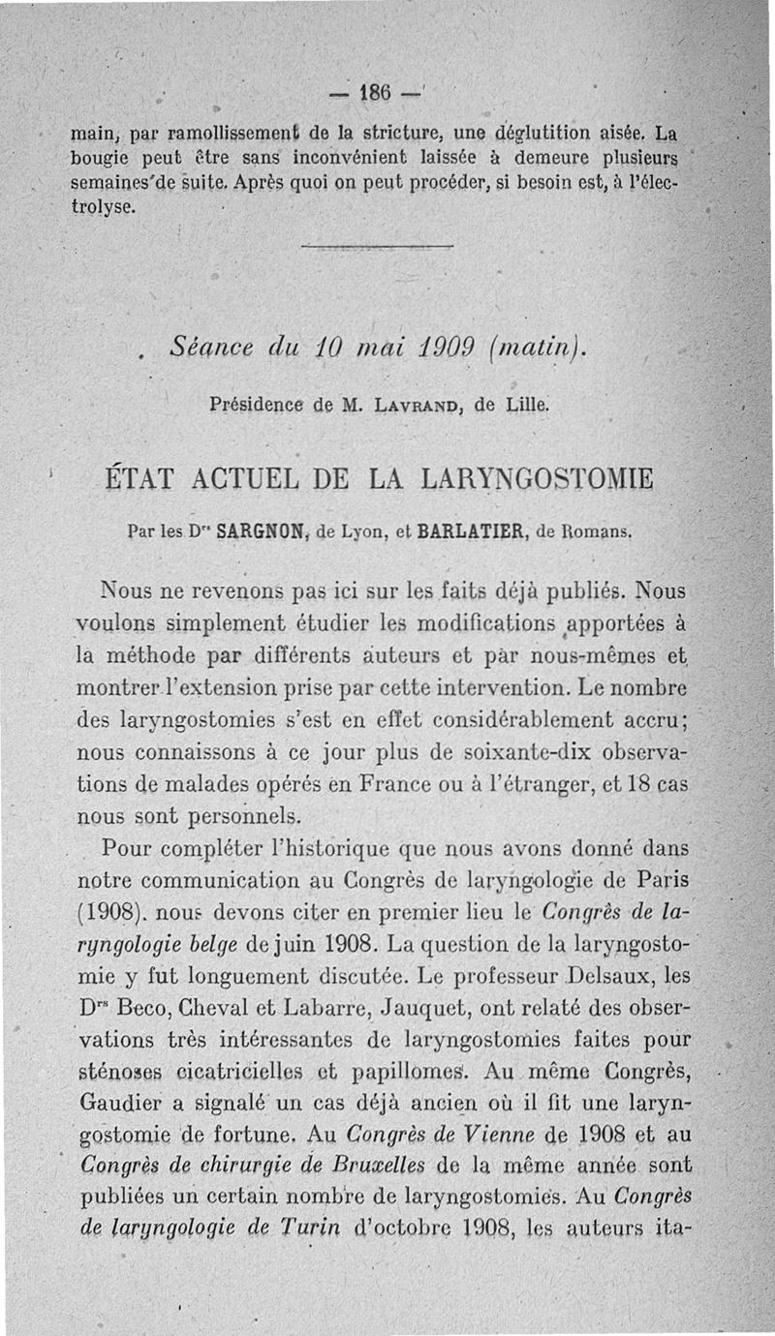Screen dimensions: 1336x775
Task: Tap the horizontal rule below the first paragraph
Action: pos(377,248)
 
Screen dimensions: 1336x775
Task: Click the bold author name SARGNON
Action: pos(255,531)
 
